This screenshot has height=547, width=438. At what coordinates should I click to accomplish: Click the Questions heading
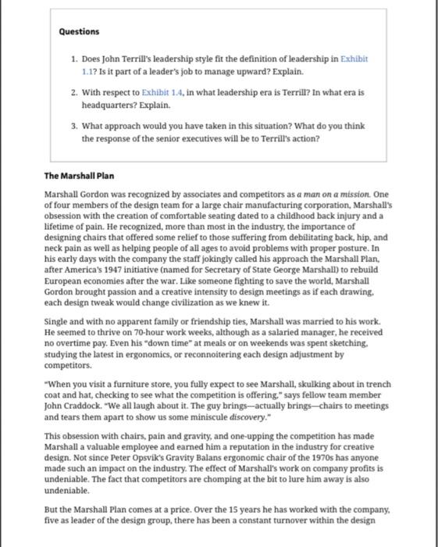click(x=79, y=31)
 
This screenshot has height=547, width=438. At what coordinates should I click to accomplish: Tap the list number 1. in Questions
click(x=73, y=59)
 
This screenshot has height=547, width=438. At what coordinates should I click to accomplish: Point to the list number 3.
click(x=73, y=126)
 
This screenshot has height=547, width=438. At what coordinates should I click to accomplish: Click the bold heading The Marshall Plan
click(x=79, y=176)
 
